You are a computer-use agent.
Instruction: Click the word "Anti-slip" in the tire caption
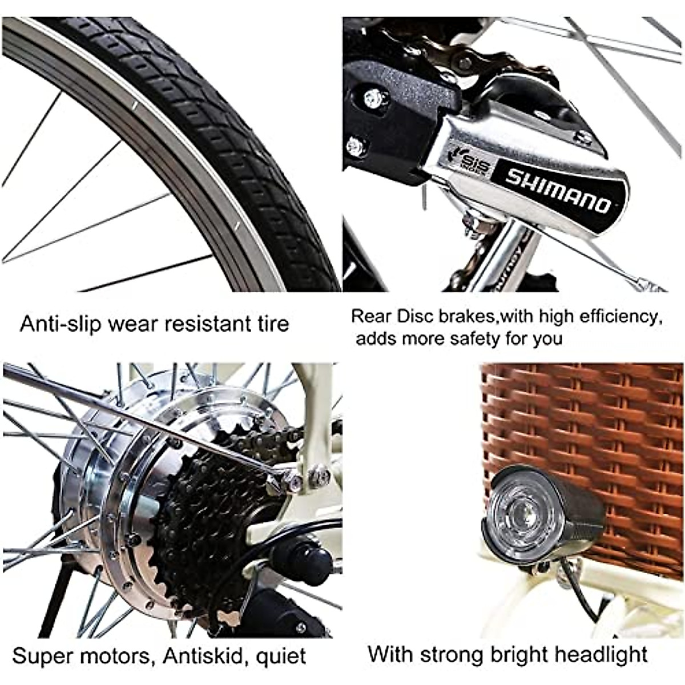point(61,324)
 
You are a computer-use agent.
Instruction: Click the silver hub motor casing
point(108,474)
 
